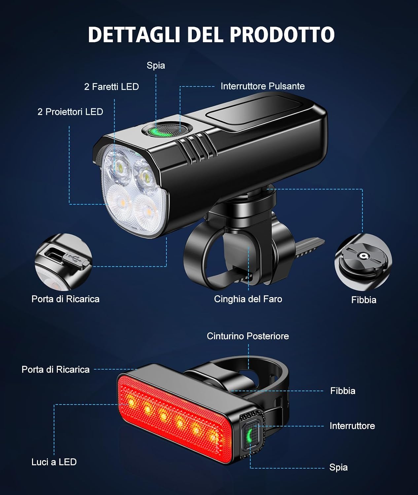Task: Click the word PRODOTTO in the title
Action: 282,35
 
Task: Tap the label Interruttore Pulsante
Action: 262,86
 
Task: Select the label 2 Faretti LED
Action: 112,87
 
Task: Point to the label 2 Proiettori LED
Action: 70,112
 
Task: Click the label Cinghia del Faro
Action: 248,299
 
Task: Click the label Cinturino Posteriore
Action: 248,336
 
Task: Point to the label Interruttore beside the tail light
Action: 352,426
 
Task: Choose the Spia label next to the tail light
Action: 338,468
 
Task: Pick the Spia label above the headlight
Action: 156,66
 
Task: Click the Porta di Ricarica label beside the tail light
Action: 55,370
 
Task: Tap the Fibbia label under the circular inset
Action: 364,300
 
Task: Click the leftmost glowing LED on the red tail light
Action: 131,403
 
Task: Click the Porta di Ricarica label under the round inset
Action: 65,299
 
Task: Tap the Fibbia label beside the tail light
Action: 343,391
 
